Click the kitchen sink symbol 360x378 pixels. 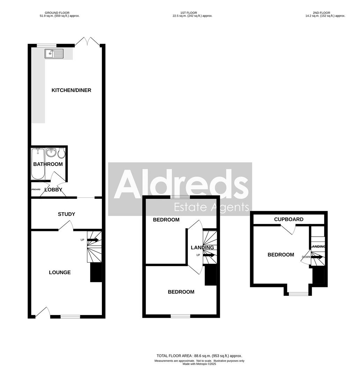click(54, 54)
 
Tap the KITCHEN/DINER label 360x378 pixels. click(71, 90)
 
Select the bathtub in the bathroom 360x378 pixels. click(38, 164)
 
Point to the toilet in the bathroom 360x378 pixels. click(61, 153)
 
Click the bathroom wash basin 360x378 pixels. click(51, 152)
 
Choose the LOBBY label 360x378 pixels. click(53, 190)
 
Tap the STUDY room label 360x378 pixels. click(66, 214)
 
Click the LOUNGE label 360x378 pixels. click(60, 272)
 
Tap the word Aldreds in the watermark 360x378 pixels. click(181, 184)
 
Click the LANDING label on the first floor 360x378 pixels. click(202, 247)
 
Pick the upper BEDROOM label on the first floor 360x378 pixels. click(166, 220)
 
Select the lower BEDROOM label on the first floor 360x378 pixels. click(181, 292)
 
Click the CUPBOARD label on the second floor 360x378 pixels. click(288, 219)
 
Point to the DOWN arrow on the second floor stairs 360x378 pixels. click(317, 257)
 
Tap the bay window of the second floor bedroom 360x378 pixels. click(299, 293)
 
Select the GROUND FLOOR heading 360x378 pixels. click(59, 13)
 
